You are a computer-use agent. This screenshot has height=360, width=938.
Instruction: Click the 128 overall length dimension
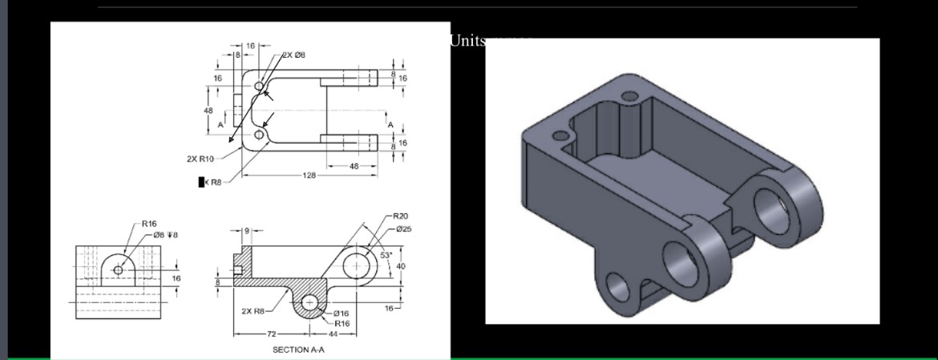(x=309, y=175)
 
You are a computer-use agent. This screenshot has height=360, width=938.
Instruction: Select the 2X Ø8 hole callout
(x=293, y=55)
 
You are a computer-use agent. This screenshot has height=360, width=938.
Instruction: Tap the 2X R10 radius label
(x=200, y=158)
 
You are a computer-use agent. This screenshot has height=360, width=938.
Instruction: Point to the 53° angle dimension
(x=386, y=255)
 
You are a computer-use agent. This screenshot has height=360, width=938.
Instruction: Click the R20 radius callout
(x=400, y=216)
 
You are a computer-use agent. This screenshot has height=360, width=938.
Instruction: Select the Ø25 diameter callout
(x=403, y=229)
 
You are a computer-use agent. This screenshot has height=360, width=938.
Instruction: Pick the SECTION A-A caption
(x=298, y=350)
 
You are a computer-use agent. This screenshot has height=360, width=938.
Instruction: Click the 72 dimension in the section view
(x=271, y=333)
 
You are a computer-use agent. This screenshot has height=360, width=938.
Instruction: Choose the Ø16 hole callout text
(x=340, y=313)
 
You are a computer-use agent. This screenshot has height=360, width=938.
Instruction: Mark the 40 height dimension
(x=400, y=265)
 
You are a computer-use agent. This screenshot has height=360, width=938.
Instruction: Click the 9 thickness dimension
(x=247, y=230)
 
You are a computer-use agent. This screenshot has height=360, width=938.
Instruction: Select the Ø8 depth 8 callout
(x=154, y=234)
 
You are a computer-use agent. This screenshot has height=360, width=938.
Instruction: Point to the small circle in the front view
(x=119, y=270)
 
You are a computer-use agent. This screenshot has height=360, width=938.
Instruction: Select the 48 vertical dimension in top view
(x=208, y=110)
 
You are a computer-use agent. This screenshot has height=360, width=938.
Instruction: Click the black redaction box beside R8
(x=202, y=183)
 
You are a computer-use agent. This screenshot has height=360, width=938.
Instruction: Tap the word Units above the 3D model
(x=467, y=40)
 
